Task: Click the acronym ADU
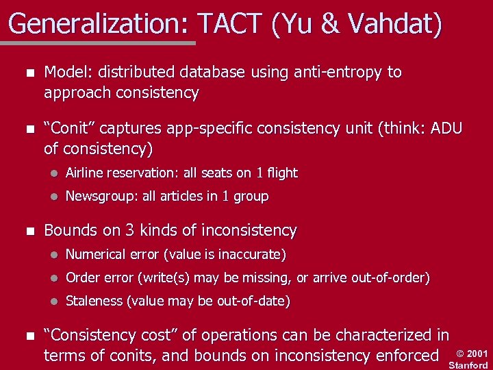pyautogui.click(x=446, y=128)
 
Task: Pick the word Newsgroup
pyautogui.click(x=101, y=197)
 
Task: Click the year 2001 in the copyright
pyautogui.click(x=477, y=354)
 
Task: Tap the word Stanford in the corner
pyautogui.click(x=468, y=365)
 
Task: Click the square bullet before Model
pyautogui.click(x=27, y=73)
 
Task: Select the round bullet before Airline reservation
pyautogui.click(x=53, y=173)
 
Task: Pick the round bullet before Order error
pyautogui.click(x=53, y=279)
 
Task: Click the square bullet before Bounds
pyautogui.click(x=27, y=231)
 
